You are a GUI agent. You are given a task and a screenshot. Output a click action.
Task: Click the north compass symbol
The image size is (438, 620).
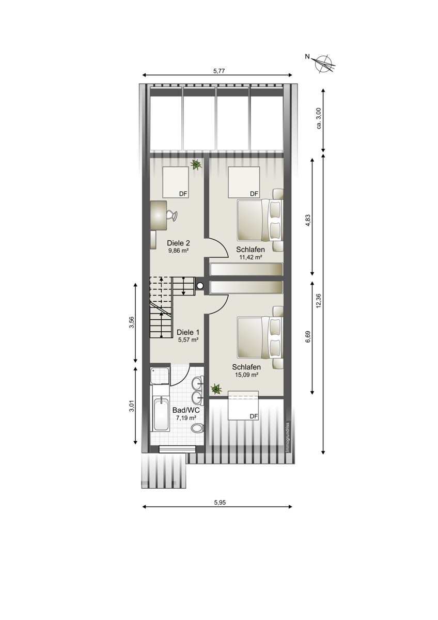coord(323,63)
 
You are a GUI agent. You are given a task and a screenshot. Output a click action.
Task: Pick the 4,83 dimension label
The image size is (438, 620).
coord(308,221)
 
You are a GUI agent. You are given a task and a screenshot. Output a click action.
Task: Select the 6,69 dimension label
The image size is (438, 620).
coord(308,337)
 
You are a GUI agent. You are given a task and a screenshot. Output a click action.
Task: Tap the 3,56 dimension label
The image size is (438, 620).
coord(132,322)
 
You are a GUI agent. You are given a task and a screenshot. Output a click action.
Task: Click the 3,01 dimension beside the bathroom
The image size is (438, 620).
coord(132,406)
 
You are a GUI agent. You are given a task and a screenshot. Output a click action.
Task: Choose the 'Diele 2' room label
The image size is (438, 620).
coord(178,243)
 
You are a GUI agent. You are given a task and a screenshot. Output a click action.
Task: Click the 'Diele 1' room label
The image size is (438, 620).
coord(188,332)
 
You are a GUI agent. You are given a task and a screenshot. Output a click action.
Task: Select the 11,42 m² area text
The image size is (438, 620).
coord(251,257)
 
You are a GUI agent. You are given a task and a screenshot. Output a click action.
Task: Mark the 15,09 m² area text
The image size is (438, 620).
coord(246,375)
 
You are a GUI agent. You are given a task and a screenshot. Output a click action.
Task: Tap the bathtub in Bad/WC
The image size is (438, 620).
coord(161,414)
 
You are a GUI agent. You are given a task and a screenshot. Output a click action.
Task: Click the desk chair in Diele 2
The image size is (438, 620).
coord(171,215)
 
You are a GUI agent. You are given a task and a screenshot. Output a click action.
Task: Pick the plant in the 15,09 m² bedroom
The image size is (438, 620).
coord(216,389)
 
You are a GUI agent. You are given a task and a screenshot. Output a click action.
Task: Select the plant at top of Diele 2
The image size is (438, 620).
coord(196,164)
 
